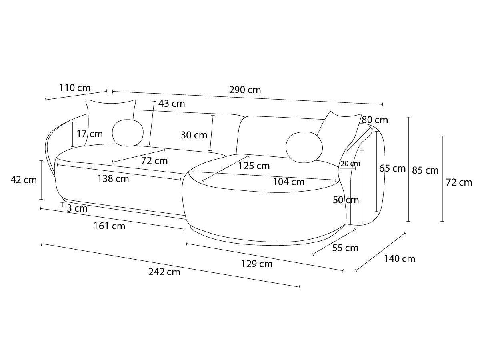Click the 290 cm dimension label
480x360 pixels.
point(245,90)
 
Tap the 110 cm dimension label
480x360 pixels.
point(75,88)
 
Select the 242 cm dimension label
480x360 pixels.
point(164,272)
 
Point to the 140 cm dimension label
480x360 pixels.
point(400,259)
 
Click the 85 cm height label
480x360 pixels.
point(425,170)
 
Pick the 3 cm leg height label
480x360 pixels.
point(77,208)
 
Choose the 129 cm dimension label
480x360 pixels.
point(257,264)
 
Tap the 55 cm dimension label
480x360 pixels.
point(345,248)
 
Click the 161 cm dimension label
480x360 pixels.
point(109,226)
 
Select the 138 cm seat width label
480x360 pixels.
point(113,178)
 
